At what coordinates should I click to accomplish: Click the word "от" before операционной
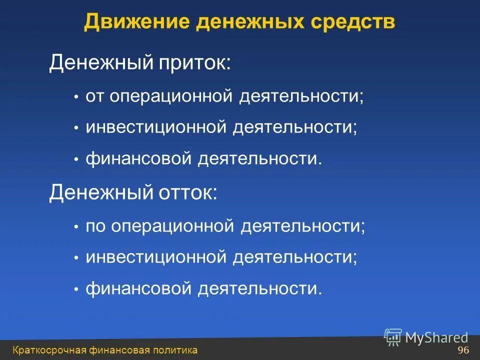coord(95,96)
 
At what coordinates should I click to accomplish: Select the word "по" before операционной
coord(95,226)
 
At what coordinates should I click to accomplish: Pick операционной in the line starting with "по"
coord(173,226)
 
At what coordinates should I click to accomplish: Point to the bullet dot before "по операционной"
coord(76,227)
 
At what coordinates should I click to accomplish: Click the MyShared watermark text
coord(436,338)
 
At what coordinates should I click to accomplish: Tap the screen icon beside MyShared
coord(393,336)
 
